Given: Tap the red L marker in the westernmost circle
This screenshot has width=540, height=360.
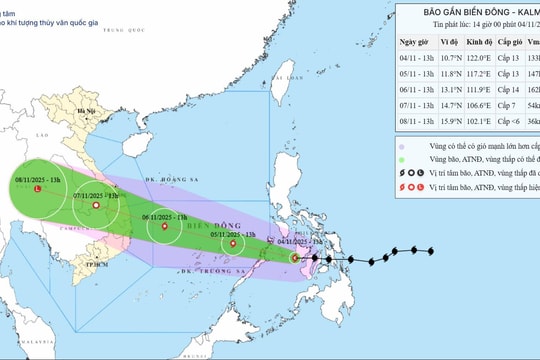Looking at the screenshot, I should pyautogui.click(x=37, y=188).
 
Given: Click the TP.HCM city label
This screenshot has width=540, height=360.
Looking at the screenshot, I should pyautogui.click(x=97, y=263).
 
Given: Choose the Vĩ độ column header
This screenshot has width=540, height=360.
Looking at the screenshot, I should pyautogui.click(x=447, y=44).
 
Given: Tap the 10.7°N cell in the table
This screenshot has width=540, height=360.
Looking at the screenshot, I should pyautogui.click(x=447, y=59).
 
